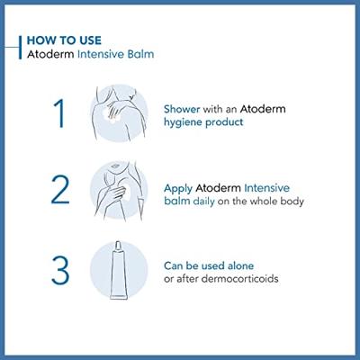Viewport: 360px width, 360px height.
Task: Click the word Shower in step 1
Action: click(x=183, y=108)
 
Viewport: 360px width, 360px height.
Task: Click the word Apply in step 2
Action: click(x=180, y=187)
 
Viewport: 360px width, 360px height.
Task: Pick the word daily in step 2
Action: click(x=208, y=202)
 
